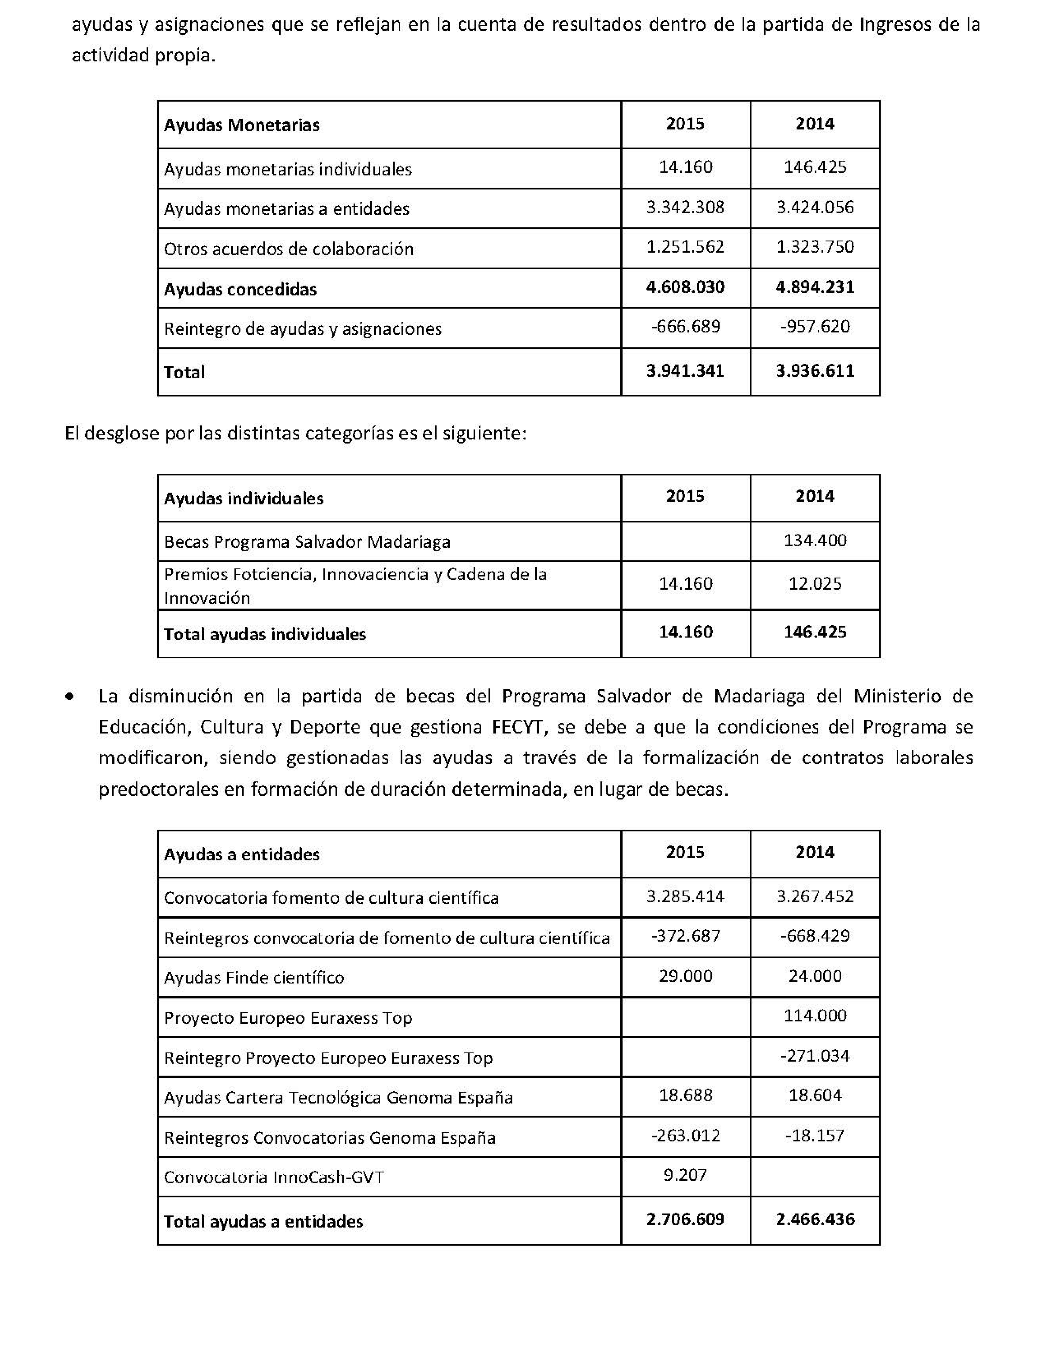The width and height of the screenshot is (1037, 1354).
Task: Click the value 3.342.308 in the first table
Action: coord(685,207)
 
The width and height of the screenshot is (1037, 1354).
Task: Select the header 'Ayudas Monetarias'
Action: coord(241,125)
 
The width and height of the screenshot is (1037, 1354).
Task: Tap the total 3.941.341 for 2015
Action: coord(685,371)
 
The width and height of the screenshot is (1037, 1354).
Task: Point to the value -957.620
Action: coord(815,326)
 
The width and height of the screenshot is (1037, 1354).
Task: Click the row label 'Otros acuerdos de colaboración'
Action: coord(288,249)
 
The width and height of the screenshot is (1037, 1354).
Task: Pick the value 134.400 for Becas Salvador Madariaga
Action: coord(815,540)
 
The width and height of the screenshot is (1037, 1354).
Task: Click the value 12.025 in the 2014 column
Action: coord(815,584)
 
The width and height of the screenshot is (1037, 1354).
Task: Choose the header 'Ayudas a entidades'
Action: coord(241,854)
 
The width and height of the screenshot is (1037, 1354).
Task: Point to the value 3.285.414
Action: coord(685,896)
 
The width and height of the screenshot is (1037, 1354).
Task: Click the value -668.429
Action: coord(815,936)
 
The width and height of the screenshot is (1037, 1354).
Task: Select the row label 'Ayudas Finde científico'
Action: coord(254,977)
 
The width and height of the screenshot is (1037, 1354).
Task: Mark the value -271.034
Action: coord(815,1056)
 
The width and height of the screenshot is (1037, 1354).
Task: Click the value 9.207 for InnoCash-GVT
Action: coord(685,1175)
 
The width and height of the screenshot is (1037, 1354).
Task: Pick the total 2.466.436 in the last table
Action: coord(815,1219)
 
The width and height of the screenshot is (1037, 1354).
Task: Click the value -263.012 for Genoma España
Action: coord(685,1135)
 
